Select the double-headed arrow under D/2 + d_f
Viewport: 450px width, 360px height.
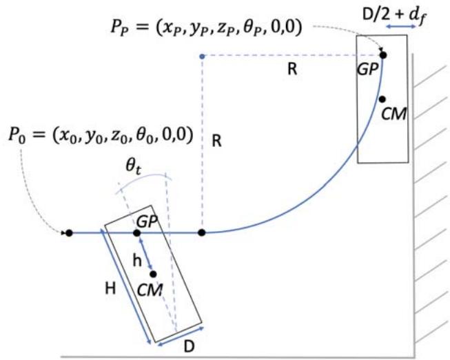(400, 26)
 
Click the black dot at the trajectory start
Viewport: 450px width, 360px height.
(68, 233)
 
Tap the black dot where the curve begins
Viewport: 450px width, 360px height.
(201, 233)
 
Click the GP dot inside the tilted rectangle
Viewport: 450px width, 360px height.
(137, 233)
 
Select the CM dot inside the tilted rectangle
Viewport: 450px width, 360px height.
(154, 274)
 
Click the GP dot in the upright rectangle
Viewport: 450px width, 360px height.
(383, 54)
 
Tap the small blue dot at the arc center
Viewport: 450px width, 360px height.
(201, 55)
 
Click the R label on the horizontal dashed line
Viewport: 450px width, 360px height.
(292, 70)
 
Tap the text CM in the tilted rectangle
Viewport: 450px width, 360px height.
(150, 290)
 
